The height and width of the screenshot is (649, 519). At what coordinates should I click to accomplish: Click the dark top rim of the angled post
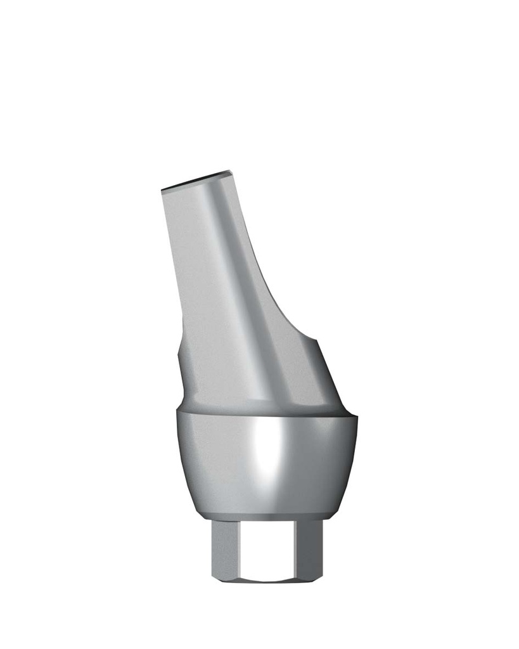[196, 180]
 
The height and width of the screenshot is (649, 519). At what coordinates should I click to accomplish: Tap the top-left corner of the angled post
[163, 190]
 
